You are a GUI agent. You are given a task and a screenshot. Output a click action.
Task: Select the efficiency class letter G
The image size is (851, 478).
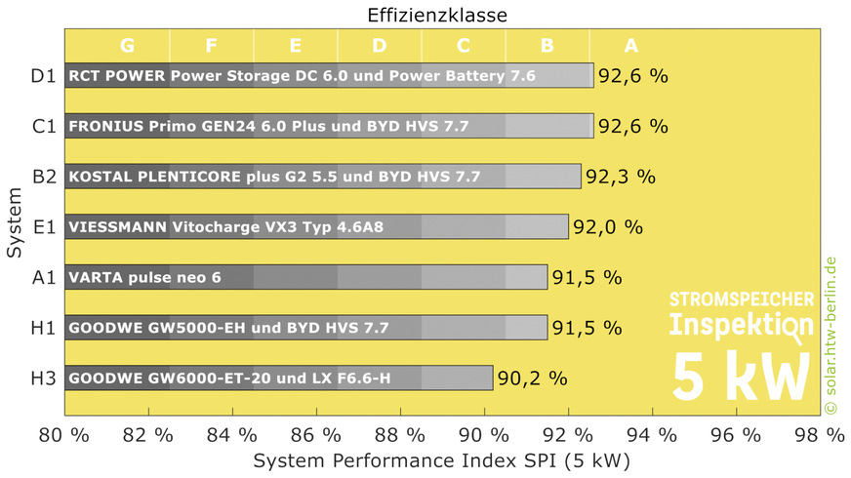(x=127, y=45)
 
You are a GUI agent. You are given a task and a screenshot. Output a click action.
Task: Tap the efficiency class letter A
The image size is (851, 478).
(x=630, y=45)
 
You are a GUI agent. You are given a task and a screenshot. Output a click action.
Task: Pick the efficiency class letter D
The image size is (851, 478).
(x=379, y=45)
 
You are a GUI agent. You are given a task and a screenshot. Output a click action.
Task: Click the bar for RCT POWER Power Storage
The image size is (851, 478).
(x=329, y=75)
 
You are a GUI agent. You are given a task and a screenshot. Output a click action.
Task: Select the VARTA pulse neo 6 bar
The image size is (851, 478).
(x=306, y=277)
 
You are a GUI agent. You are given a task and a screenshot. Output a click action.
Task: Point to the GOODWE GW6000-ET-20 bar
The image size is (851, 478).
(x=279, y=378)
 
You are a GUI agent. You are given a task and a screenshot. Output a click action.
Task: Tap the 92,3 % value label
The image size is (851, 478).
(x=620, y=177)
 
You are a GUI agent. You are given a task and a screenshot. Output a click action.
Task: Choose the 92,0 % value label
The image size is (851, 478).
(x=607, y=227)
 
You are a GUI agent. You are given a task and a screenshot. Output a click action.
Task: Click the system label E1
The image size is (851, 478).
(x=43, y=227)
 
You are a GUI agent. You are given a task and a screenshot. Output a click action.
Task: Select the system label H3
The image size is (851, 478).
(x=43, y=378)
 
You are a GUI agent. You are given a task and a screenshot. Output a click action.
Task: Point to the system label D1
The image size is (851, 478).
(x=43, y=75)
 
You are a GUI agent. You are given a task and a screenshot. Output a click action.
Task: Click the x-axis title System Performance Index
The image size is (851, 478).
(x=441, y=458)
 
